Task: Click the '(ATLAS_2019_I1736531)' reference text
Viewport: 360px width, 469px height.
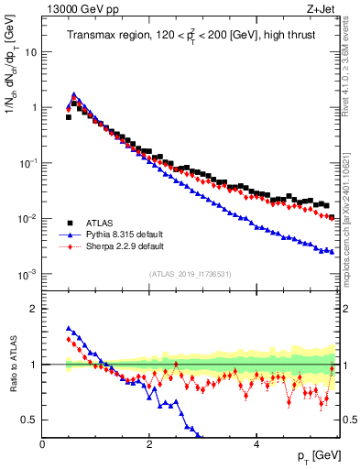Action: [190, 274]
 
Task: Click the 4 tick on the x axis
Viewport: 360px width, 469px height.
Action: [256, 444]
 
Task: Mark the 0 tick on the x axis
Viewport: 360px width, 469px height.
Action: [43, 444]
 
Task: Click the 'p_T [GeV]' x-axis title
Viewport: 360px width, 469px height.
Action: [314, 456]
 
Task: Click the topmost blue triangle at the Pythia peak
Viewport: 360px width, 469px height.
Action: [73, 94]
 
